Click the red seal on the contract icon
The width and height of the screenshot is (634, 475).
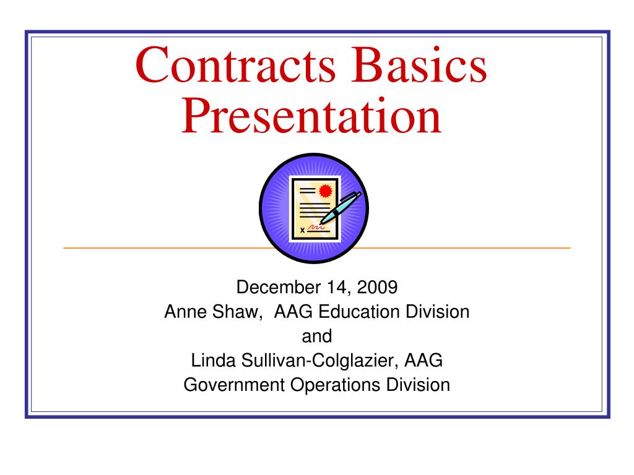[327, 189]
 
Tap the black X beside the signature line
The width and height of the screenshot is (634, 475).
[302, 230]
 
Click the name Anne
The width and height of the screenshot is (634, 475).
[182, 312]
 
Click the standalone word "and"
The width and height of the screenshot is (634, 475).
[316, 336]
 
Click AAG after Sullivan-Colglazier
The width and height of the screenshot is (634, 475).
[428, 361]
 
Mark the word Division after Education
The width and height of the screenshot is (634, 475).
[438, 312]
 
